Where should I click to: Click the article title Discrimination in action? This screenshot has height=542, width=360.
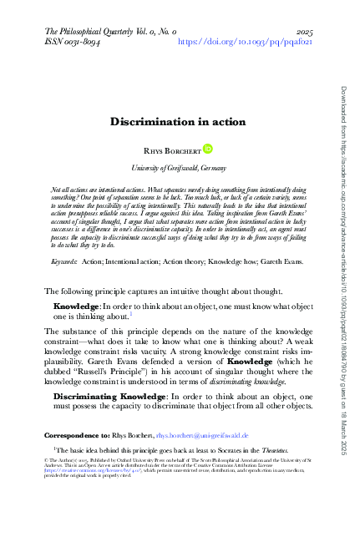click(x=178, y=122)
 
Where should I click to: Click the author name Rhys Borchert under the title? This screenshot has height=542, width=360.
click(x=171, y=151)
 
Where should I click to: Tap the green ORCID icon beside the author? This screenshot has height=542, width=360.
click(x=208, y=149)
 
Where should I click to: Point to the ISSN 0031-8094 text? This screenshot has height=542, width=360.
click(x=79, y=40)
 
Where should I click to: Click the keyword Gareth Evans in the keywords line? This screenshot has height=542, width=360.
click(x=283, y=239)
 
